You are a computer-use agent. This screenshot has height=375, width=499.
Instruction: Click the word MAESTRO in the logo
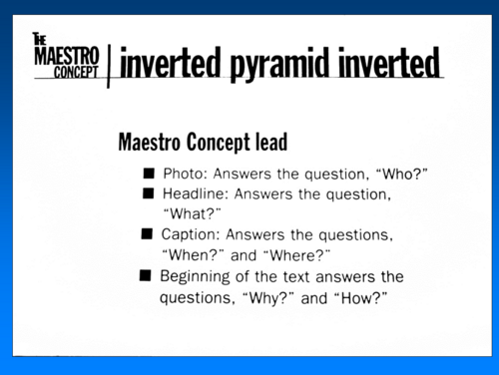click(67, 56)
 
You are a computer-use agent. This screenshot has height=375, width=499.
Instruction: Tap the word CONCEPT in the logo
click(76, 72)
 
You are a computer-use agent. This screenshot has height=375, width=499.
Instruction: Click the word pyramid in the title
click(280, 64)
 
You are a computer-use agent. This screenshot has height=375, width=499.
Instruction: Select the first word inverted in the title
click(171, 62)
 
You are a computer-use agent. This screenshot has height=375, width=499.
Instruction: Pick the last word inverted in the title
click(389, 62)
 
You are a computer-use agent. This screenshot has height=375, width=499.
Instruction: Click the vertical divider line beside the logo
click(108, 67)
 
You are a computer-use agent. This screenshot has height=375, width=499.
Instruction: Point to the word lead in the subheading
click(271, 142)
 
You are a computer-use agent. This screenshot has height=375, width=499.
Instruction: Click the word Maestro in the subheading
click(149, 142)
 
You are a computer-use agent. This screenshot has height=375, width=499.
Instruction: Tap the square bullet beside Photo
click(149, 174)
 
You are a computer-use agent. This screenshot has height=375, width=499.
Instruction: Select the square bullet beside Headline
click(148, 193)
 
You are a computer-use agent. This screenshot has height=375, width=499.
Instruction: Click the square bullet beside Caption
click(147, 233)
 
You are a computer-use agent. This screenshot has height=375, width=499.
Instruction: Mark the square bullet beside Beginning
click(146, 275)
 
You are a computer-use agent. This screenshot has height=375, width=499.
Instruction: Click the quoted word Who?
click(401, 174)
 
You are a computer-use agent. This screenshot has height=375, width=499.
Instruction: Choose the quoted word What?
click(192, 213)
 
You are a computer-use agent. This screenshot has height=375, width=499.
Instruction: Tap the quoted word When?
click(193, 255)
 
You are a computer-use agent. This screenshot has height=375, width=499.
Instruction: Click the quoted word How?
click(360, 298)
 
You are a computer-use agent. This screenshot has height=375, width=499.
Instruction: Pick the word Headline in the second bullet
click(196, 193)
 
